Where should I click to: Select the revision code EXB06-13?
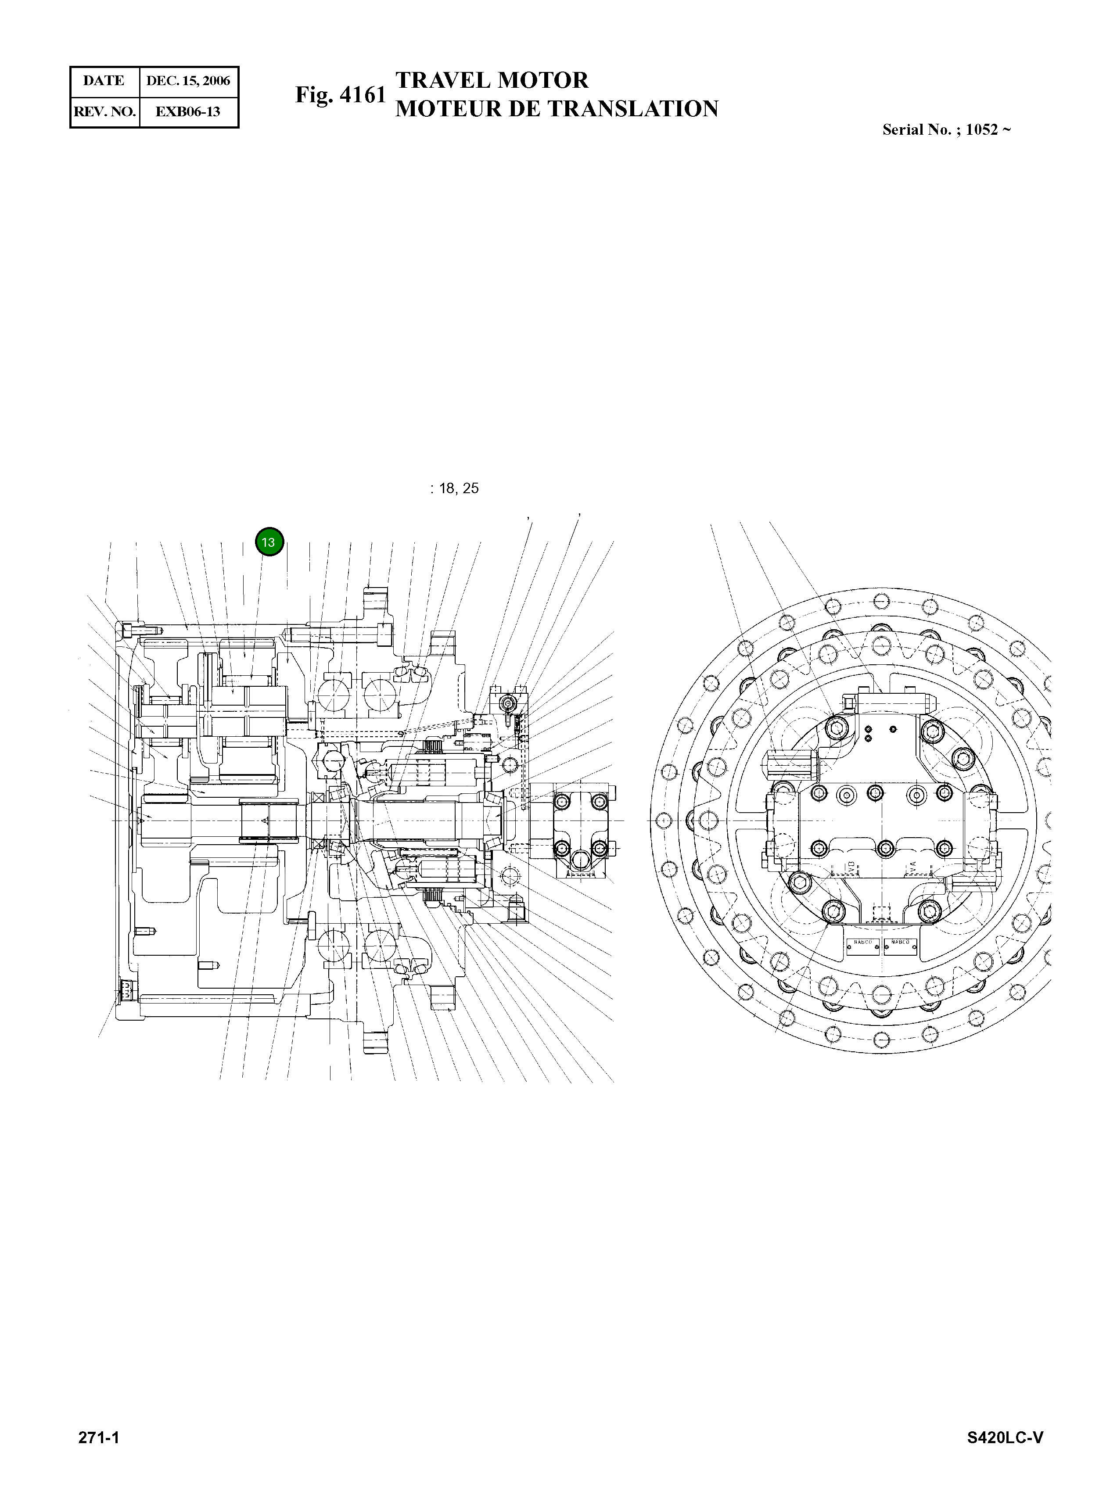[x=187, y=111]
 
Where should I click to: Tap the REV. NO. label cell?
[x=105, y=111]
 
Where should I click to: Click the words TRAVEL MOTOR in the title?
[x=492, y=80]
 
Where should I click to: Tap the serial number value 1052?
[x=982, y=130]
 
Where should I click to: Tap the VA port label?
[x=913, y=866]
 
